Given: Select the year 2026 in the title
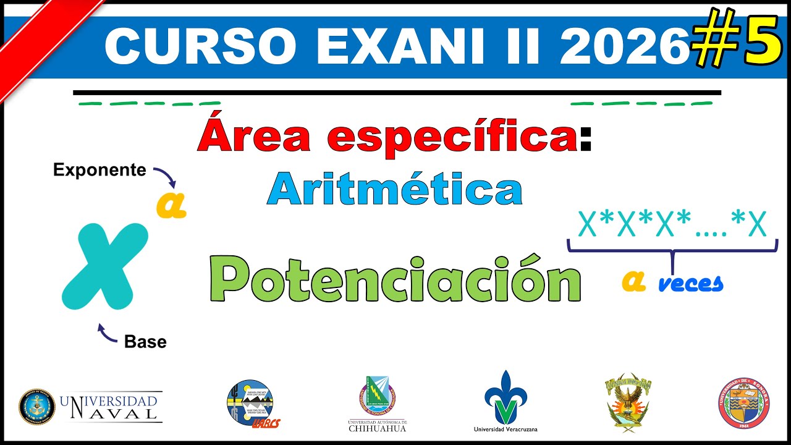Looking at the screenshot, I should point(624,47).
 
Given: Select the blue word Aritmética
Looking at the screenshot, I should point(395,190).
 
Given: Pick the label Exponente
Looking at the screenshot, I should point(99,170).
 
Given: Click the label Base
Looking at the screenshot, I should point(145,341).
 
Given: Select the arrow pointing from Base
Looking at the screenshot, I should point(107,334).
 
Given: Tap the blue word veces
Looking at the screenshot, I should point(690,284).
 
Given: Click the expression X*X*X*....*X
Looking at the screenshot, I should point(672,225).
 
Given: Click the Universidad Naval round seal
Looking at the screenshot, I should point(37,407).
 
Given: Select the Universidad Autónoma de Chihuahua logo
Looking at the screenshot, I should point(378,402).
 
